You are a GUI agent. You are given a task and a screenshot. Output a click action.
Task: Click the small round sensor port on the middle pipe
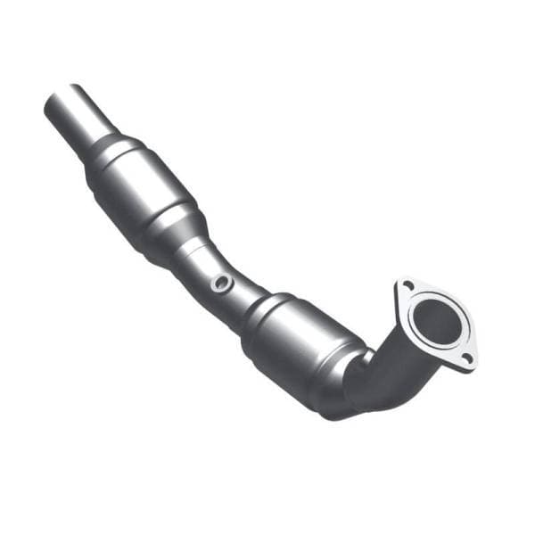[220, 284]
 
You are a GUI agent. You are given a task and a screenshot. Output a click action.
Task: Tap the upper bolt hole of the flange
[407, 287]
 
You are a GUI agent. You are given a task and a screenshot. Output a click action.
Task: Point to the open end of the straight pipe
[55, 104]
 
